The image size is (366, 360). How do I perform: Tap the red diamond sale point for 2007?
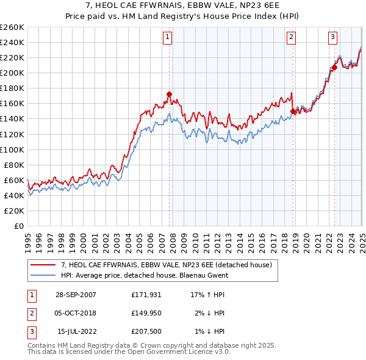click(169, 94)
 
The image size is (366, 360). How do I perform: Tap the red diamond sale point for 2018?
click(293, 111)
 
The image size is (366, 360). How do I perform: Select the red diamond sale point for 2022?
click(335, 67)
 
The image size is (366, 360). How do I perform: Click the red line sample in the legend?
click(43, 265)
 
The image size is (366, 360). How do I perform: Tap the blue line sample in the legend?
click(43, 275)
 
